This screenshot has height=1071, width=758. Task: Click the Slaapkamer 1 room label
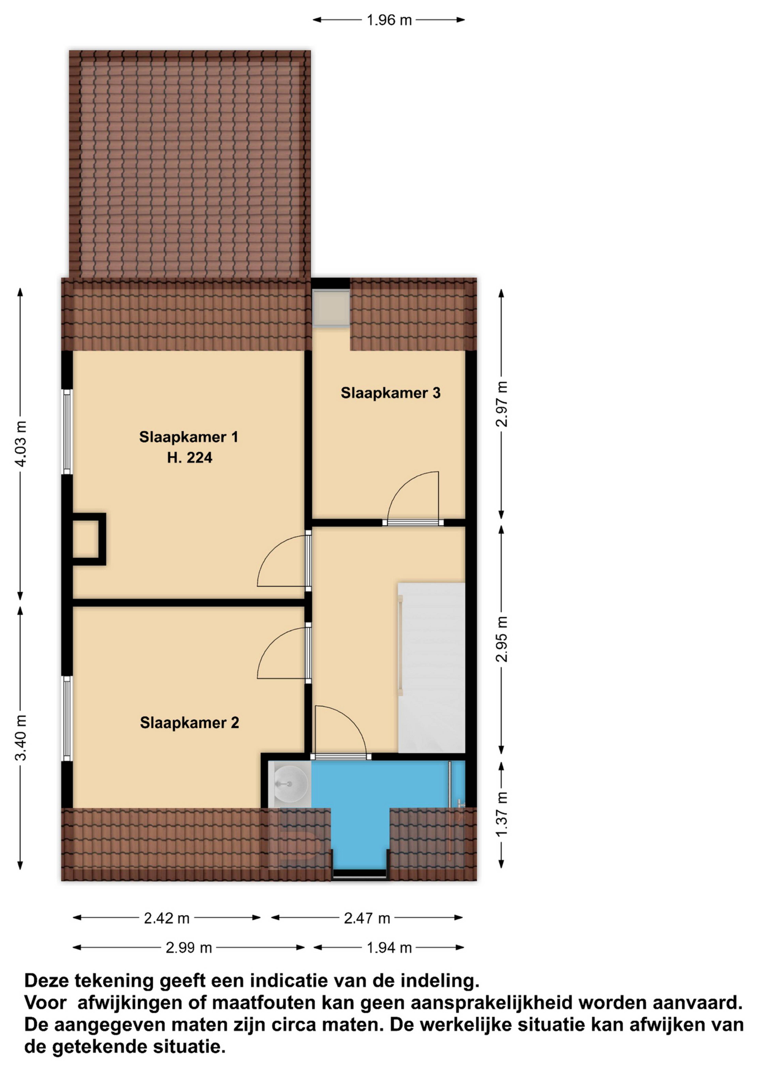coord(189,437)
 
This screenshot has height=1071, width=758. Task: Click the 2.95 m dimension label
coord(502,639)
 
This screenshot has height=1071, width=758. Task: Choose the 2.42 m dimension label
coord(167,919)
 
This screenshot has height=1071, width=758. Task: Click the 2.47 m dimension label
coord(367,919)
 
